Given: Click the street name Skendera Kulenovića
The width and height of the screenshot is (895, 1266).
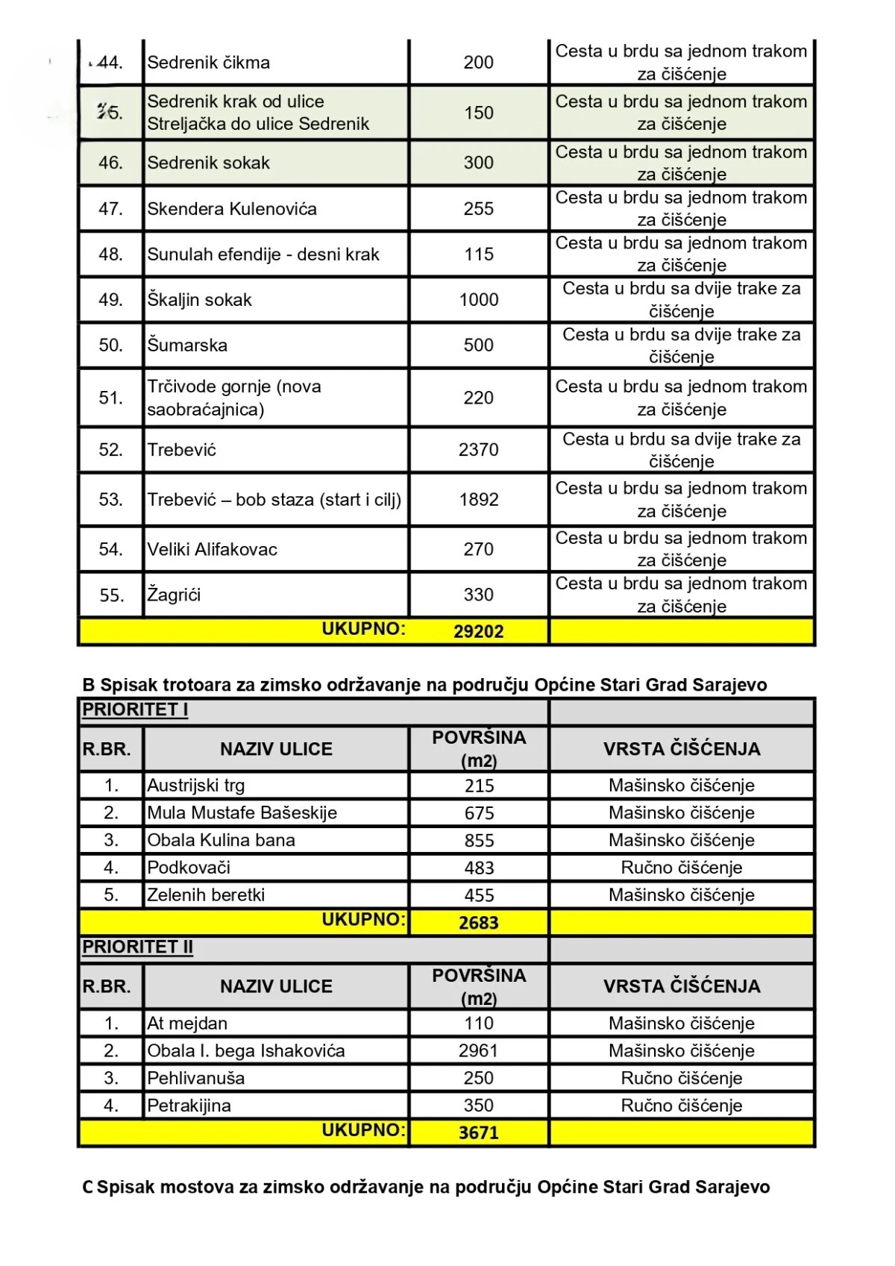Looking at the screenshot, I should (231, 209).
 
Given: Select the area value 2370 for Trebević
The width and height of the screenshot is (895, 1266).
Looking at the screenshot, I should (478, 450).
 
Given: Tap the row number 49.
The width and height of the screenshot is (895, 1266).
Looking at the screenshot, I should (110, 300).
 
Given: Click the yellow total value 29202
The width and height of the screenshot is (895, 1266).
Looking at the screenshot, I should (478, 632).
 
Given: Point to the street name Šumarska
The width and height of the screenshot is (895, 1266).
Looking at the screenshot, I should (187, 345).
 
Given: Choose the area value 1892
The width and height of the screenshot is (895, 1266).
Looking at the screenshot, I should (478, 500).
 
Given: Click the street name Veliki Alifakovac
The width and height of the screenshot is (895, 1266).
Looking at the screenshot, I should (212, 550).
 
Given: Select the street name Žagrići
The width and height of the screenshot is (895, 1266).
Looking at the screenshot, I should (174, 595).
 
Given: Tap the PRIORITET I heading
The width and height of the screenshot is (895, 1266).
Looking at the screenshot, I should (135, 709).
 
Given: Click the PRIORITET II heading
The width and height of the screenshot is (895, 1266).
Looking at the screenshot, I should (137, 947).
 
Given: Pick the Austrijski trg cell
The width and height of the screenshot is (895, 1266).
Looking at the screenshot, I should (196, 786).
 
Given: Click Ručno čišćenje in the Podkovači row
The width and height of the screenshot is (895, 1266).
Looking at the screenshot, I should (681, 868).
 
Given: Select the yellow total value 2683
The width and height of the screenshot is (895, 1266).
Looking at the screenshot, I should (478, 923).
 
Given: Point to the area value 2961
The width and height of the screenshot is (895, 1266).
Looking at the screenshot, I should (478, 1051).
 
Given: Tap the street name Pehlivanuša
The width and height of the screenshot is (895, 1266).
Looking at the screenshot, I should (195, 1079).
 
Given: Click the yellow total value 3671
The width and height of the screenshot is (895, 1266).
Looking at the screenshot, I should (478, 1133).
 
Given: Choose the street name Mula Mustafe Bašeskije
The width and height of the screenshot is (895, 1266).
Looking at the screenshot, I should (242, 813).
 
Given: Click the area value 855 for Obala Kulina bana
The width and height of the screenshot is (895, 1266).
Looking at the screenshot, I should (478, 841).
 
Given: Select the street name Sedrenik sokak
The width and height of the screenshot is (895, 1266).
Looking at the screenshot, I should (208, 163).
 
